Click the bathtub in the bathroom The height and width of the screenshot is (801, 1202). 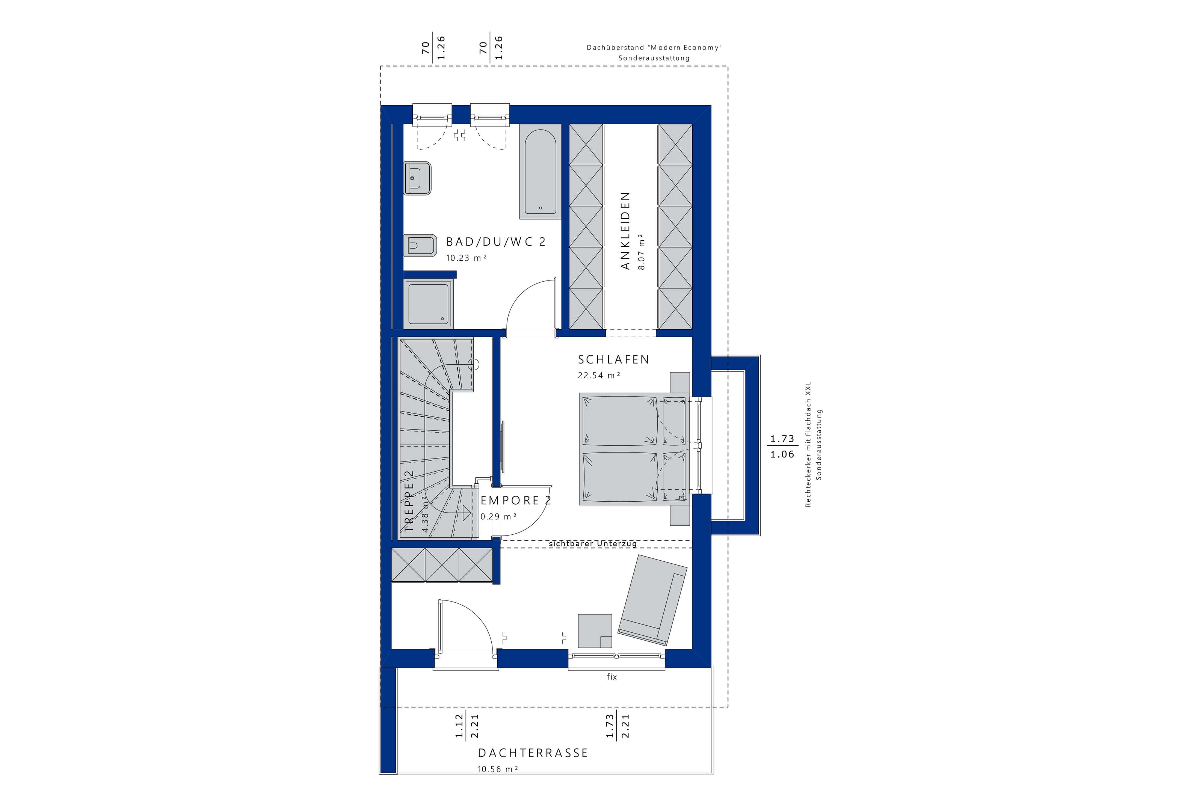[541, 172]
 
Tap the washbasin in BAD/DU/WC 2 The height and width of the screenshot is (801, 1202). [417, 178]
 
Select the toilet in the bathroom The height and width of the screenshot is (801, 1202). [420, 245]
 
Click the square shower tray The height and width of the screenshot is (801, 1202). [427, 303]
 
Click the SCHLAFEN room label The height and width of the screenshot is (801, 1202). [613, 360]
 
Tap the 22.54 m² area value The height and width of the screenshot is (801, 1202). [599, 375]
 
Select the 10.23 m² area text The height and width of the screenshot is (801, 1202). [466, 258]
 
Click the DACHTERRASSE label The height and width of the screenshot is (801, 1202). [533, 753]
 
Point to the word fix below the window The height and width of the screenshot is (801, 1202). [612, 676]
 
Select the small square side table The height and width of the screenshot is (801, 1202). [595, 631]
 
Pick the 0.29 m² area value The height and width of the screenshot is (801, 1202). [498, 516]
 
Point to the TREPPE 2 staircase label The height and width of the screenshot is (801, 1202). [409, 502]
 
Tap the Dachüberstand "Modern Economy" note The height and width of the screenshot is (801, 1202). [654, 48]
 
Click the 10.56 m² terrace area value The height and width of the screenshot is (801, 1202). [498, 769]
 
